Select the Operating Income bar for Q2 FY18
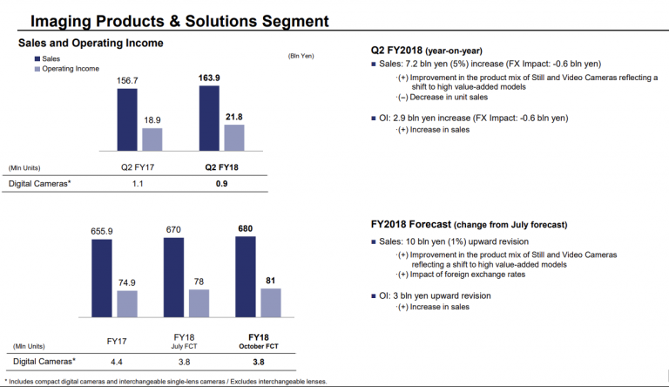click(x=234, y=138)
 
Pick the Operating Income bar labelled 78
click(x=199, y=302)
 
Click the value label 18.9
click(x=152, y=119)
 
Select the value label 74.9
click(x=126, y=282)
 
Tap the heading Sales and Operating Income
click(x=91, y=44)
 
